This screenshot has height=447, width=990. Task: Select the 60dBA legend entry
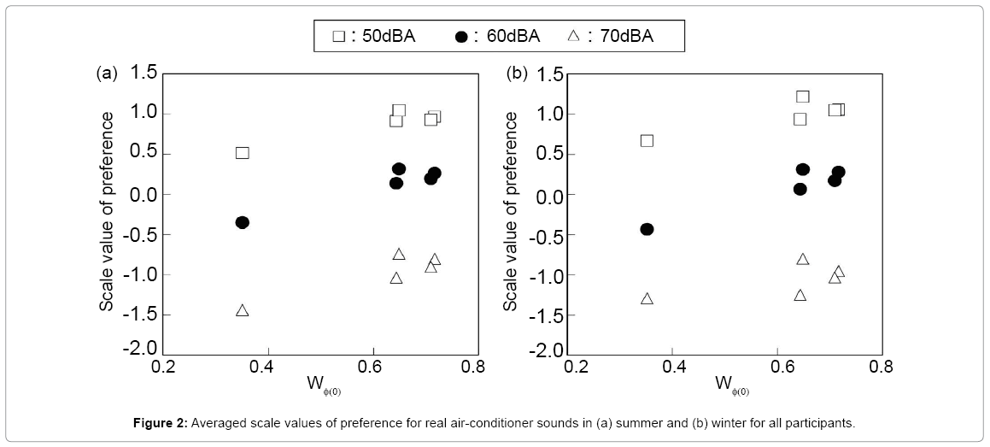coord(497,36)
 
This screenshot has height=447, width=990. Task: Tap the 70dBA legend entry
coord(614,36)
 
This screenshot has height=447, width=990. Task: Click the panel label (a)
coord(106,74)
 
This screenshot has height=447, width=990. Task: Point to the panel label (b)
coord(517,74)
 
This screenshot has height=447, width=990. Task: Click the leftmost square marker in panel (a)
coord(242,153)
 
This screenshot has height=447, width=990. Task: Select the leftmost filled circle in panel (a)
coord(242,222)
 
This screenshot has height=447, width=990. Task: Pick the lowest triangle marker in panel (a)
coord(242,310)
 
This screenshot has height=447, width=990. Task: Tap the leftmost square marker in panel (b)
coord(647,140)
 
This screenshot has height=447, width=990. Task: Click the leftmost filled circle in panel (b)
coord(647,229)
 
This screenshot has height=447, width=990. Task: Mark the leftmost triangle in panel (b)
coord(647,298)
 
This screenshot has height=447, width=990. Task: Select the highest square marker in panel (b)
coord(803,97)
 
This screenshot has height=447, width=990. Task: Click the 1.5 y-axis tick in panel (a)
coord(143,74)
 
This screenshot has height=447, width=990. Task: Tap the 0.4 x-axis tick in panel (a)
coord(269,367)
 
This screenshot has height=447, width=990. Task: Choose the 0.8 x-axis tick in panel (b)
coord(881,368)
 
